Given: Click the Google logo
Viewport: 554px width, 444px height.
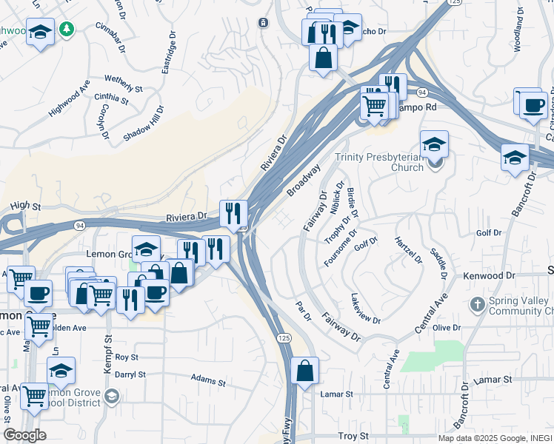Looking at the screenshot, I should coord(24,435).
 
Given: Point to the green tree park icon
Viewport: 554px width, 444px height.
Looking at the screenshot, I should coord(67,29).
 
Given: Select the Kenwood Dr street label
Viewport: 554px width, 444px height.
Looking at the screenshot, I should coord(488,275).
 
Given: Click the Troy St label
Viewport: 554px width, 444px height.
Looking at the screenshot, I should coord(353,437).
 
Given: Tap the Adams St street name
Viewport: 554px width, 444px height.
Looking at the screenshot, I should coord(208,381).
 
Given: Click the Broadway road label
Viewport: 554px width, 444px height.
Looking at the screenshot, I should coord(304,181).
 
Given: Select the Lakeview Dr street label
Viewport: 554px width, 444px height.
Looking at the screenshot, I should coord(366,310).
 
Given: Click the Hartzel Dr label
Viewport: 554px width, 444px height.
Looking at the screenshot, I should coord(408,249).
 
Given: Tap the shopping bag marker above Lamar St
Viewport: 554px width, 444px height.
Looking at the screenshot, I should coord(304,370).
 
